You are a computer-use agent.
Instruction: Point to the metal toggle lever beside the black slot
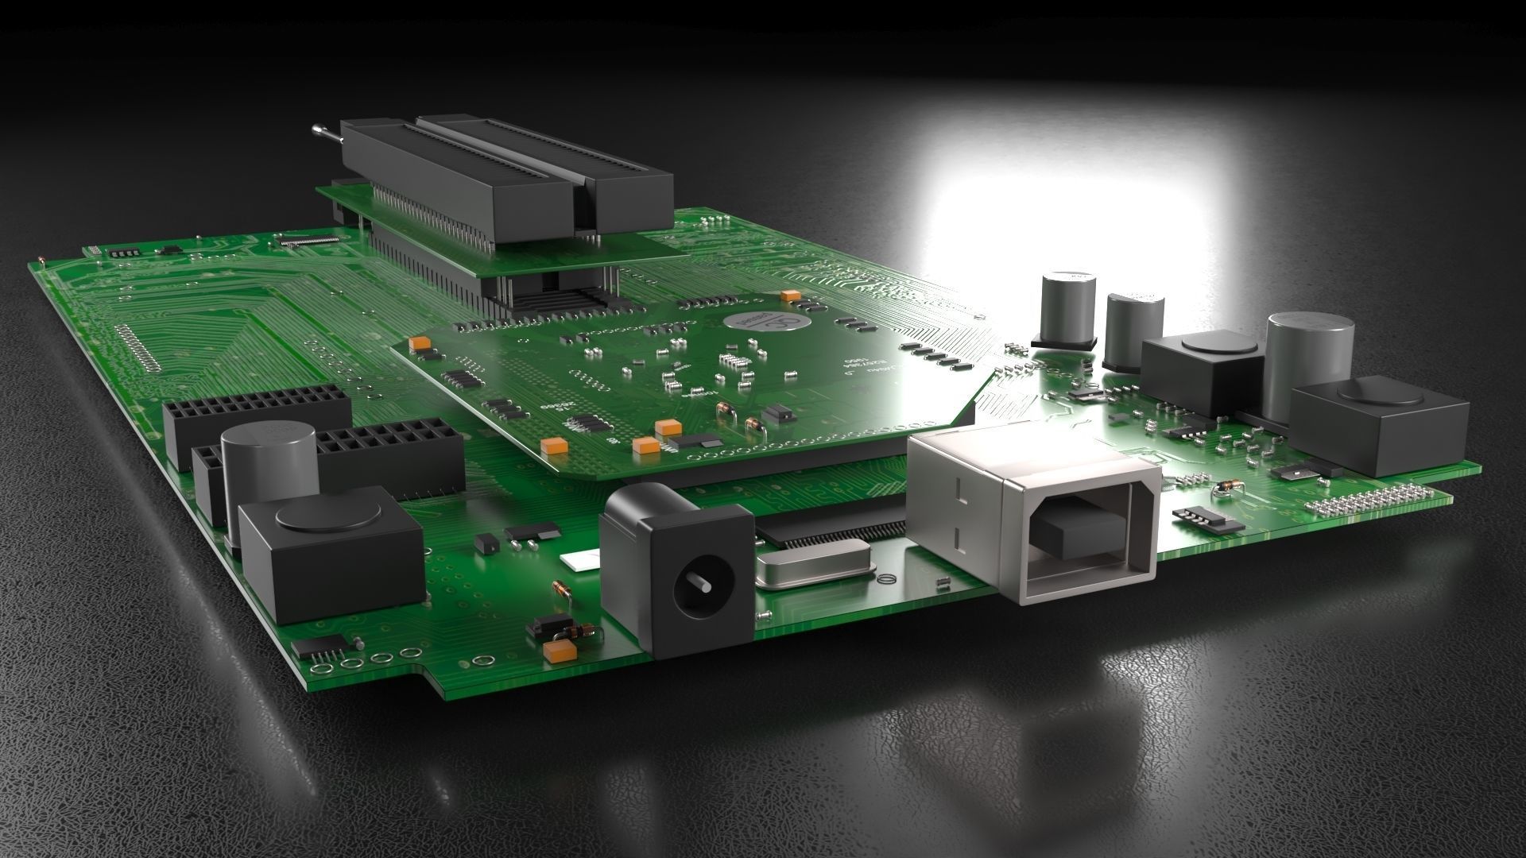[x=324, y=134]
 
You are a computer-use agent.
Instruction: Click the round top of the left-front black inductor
[x=327, y=514]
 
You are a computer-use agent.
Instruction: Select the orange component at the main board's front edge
[x=558, y=652]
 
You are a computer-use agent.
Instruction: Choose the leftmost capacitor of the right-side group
[x=1066, y=310]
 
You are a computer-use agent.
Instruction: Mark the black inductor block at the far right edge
[x=1378, y=429]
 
